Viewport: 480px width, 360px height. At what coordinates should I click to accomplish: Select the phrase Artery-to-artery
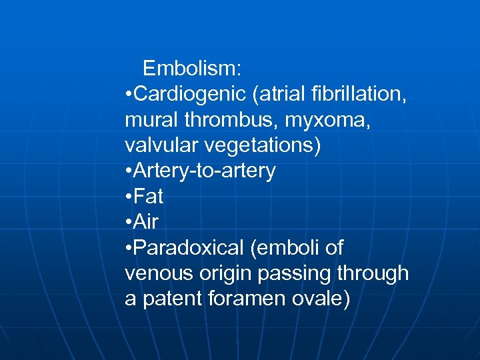[x=205, y=171]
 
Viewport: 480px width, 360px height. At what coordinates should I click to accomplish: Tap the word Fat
[x=149, y=197]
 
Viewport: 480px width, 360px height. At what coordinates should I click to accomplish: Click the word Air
[x=146, y=222]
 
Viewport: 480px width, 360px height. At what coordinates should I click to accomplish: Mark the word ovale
[x=321, y=299]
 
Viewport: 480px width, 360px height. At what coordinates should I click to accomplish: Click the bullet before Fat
[x=128, y=197]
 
